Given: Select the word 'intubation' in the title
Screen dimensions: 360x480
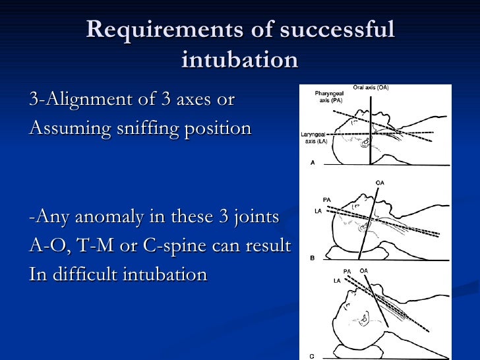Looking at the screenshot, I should pos(239,59).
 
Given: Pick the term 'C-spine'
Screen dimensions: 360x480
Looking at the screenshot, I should pos(173,245).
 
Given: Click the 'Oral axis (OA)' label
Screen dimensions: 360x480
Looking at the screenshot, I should pos(371,88).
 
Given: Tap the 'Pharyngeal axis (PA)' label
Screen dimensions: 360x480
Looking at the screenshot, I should pos(328,98).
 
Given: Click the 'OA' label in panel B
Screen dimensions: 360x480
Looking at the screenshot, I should pos(379,183).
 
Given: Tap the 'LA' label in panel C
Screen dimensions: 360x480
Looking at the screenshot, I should pos(338,281).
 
